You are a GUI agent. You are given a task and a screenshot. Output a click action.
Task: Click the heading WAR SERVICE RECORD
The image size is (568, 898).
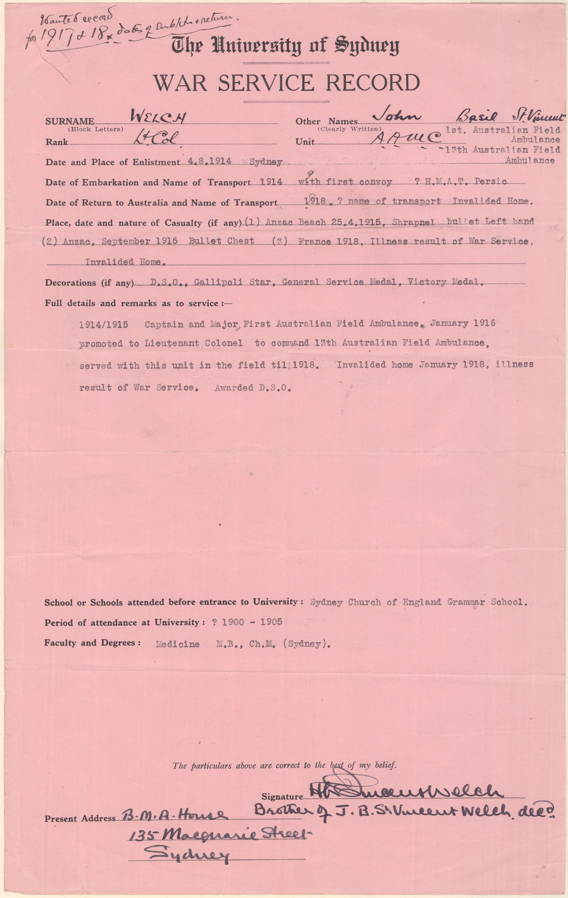click(286, 83)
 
